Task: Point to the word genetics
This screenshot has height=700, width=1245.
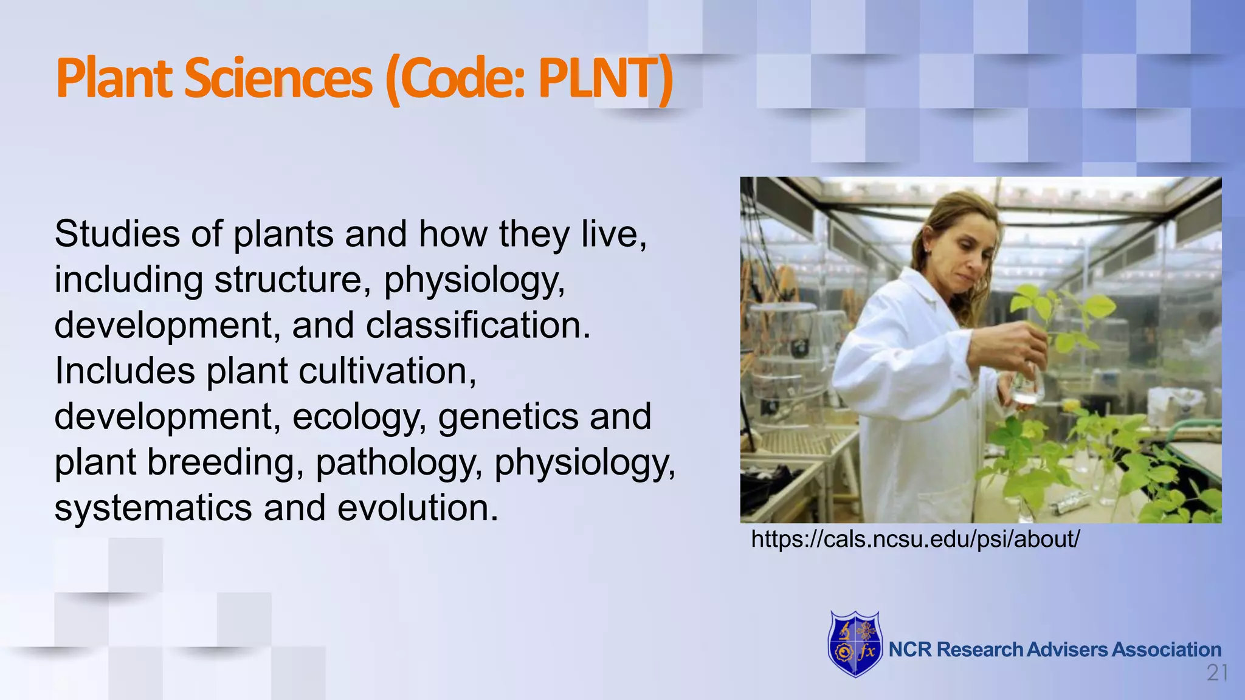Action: pyautogui.click(x=508, y=417)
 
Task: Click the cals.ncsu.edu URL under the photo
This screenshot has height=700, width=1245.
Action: pyautogui.click(x=915, y=539)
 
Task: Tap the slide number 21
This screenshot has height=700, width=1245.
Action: pyautogui.click(x=1217, y=673)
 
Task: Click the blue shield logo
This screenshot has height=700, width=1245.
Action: pyautogui.click(x=855, y=645)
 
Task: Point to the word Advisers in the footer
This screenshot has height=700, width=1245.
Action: pyautogui.click(x=1067, y=650)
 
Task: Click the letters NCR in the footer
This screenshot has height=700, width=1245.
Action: pyautogui.click(x=910, y=650)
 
